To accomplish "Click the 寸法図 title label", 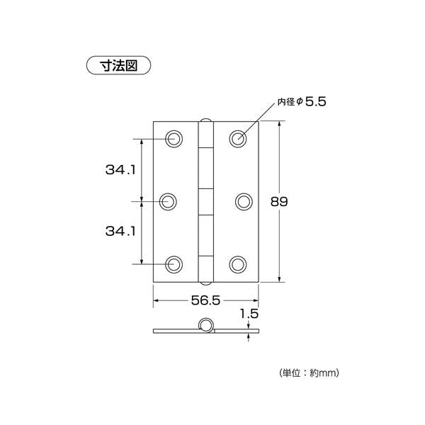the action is pos(118,65).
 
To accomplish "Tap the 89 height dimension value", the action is pos(279,201).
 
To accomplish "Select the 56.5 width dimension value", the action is pos(205,300).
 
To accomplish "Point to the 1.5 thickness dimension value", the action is pos(249,314).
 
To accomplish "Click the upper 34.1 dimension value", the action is pos(120,170).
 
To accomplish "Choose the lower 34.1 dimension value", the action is pos(120,231).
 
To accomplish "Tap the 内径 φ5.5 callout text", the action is pos(302,101).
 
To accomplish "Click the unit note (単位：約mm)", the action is pos(309,373).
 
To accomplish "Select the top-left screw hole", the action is pos(174,139).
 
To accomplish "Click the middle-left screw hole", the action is pos(168,202).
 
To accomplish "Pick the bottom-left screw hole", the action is pos(174,264).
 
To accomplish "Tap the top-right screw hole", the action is pos(238,139).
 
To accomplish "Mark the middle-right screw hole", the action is pos(244,202).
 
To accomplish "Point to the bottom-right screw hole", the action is pos(238,264).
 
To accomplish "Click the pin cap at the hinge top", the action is pos(206,120).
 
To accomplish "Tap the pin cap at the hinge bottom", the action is pos(206,283).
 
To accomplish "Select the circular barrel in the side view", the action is pos(205,324).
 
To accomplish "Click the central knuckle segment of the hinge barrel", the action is pos(206,202).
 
